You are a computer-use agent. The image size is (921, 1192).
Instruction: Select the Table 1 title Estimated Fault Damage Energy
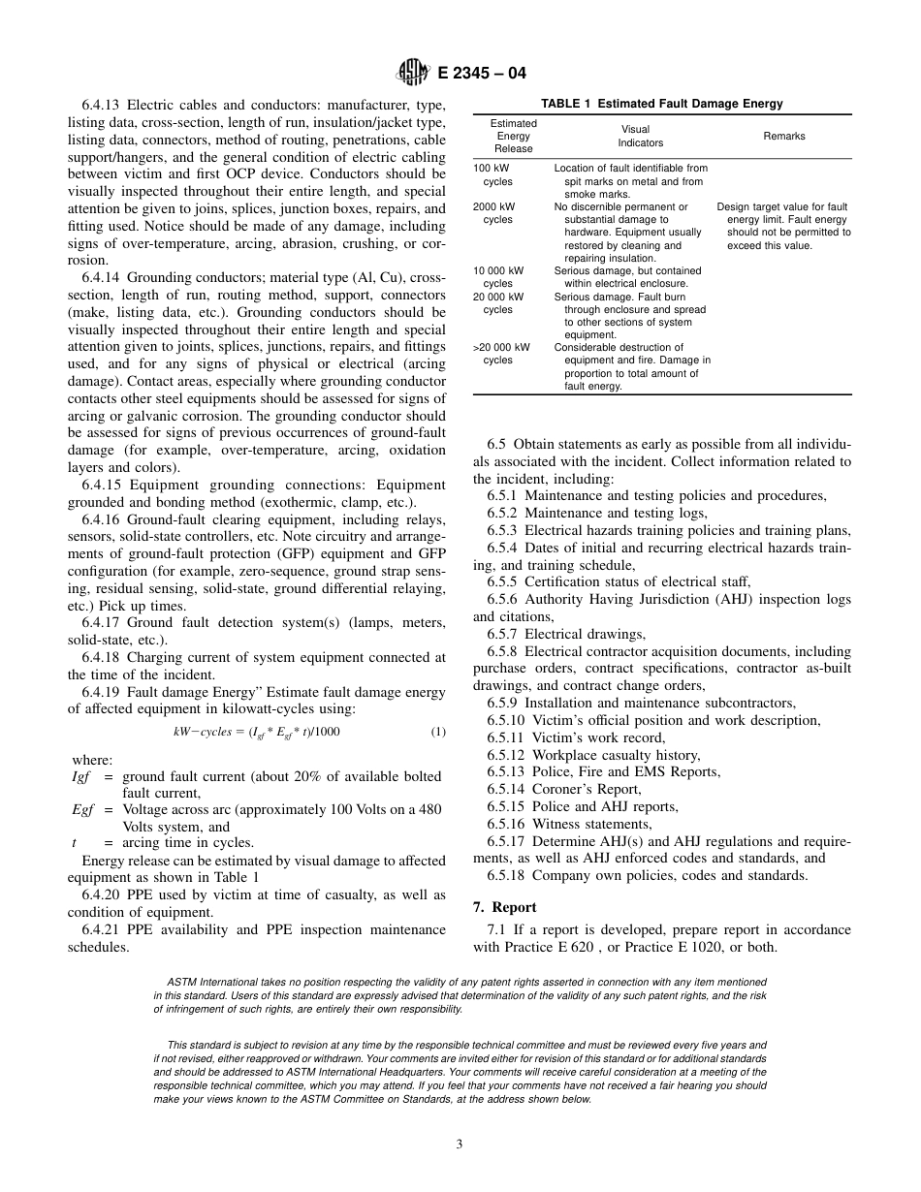tap(661, 104)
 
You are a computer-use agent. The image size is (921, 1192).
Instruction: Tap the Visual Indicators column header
tap(641, 136)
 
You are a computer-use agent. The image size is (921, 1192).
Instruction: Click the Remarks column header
tap(783, 137)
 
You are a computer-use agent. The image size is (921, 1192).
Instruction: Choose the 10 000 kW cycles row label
tap(498, 277)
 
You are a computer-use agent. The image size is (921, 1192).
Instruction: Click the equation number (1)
tap(438, 732)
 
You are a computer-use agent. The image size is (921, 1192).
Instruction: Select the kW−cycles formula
tap(256, 732)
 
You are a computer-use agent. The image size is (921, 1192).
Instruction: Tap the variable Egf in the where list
tap(83, 810)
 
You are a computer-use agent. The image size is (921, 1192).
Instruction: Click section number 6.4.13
tap(102, 105)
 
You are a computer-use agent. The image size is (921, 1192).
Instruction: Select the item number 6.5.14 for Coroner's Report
tap(505, 790)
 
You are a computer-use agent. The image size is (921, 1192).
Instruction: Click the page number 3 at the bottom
tap(460, 1144)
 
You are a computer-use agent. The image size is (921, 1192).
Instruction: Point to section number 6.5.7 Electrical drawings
tap(501, 634)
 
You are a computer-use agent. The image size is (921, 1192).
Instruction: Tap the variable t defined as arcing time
tap(76, 843)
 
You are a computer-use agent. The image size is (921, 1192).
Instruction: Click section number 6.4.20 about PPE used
tap(102, 894)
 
